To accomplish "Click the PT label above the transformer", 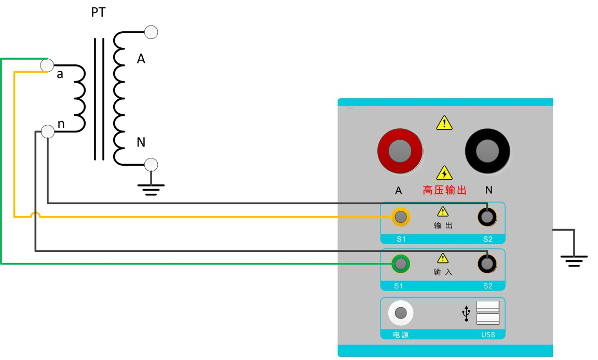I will (x=98, y=12).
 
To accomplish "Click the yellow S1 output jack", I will (x=400, y=217).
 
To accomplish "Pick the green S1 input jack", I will (x=400, y=264).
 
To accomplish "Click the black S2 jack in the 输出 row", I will (x=487, y=217).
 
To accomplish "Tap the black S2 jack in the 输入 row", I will (x=487, y=264).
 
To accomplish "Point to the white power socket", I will (x=400, y=313).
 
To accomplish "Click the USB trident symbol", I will (x=466, y=313).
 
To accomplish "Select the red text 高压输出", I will (x=444, y=191).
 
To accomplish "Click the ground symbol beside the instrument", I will (x=574, y=259).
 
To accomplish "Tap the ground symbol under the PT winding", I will (x=151, y=189).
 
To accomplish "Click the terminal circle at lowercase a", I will (x=47, y=65).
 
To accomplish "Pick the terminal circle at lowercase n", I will (x=47, y=131).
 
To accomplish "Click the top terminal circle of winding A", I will (x=151, y=32).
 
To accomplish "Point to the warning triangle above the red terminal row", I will (x=444, y=123).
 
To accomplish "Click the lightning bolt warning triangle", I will (x=444, y=173).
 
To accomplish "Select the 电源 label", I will (x=400, y=335).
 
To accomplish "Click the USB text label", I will (x=488, y=335).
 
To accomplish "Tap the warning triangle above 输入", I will (x=442, y=258).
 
